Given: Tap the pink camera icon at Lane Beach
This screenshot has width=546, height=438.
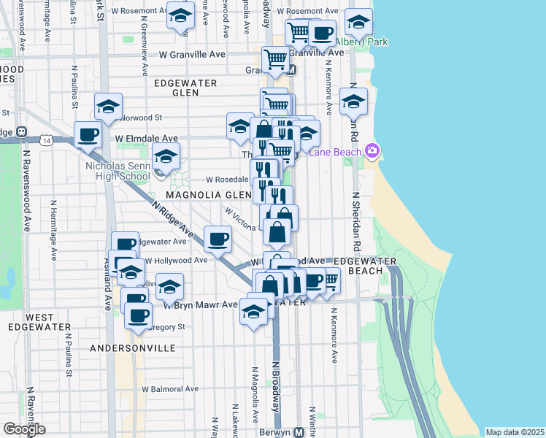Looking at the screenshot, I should coord(372,151).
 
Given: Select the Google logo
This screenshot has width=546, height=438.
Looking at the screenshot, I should coord(24,429).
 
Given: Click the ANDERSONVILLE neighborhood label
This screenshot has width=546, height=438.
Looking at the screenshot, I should coord(132,348).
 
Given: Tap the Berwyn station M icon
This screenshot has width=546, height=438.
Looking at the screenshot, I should coord(299,431).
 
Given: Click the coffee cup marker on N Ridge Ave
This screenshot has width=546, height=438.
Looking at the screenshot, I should coord(218,239).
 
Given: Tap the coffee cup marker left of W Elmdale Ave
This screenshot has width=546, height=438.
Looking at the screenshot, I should coord(88,135).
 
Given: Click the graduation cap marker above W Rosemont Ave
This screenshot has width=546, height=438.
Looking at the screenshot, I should coord(180,15).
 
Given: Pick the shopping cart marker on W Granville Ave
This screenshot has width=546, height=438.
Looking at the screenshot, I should coord(275,59).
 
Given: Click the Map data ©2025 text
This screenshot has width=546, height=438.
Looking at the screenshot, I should coord(515,432).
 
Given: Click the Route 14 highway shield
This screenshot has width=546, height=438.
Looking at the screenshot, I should coord(46,139).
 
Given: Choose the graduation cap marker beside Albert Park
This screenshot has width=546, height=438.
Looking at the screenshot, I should coord(358,23).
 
